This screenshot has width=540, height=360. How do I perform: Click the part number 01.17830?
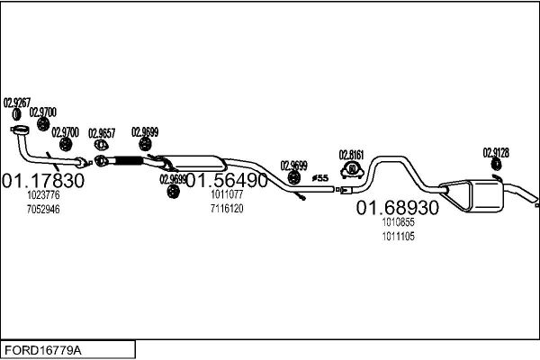pyautogui.click(x=43, y=181)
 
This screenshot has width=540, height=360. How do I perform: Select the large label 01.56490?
pyautogui.click(x=227, y=180)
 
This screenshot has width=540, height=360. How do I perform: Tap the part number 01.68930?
pyautogui.click(x=398, y=208)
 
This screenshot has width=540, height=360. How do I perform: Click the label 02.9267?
pyautogui.click(x=17, y=103)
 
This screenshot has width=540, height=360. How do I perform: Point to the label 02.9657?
pyautogui.click(x=102, y=133)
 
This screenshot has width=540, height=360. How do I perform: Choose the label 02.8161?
pyautogui.click(x=352, y=155)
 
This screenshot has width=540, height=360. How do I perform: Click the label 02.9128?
pyautogui.click(x=496, y=153)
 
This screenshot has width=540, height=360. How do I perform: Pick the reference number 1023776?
pyautogui.click(x=43, y=195)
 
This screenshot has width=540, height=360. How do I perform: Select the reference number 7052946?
pyautogui.click(x=43, y=209)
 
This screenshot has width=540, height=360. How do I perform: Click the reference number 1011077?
pyautogui.click(x=227, y=194)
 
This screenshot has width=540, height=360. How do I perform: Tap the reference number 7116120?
pyautogui.click(x=227, y=209)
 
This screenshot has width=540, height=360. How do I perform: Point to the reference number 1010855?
pyautogui.click(x=398, y=222)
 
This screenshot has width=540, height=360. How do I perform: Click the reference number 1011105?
pyautogui.click(x=398, y=237)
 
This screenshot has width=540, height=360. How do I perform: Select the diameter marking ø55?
pyautogui.click(x=320, y=178)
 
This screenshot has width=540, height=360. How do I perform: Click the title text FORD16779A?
pyautogui.click(x=43, y=350)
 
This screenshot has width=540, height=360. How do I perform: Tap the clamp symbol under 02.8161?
pyautogui.click(x=352, y=170)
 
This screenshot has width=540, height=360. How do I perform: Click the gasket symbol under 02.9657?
pyautogui.click(x=101, y=145)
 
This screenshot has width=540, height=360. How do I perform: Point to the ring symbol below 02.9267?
pyautogui.click(x=16, y=114)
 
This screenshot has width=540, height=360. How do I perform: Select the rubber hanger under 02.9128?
pyautogui.click(x=496, y=165)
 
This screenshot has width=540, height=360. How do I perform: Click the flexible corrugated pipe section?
pyautogui.click(x=128, y=160)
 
